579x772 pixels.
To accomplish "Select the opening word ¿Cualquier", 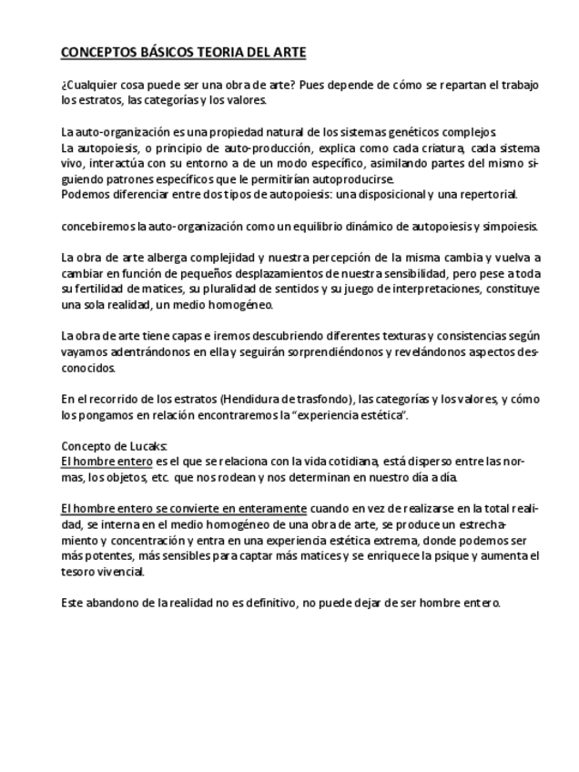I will click(x=88, y=85).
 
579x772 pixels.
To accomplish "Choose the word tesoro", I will click(x=80, y=571).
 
